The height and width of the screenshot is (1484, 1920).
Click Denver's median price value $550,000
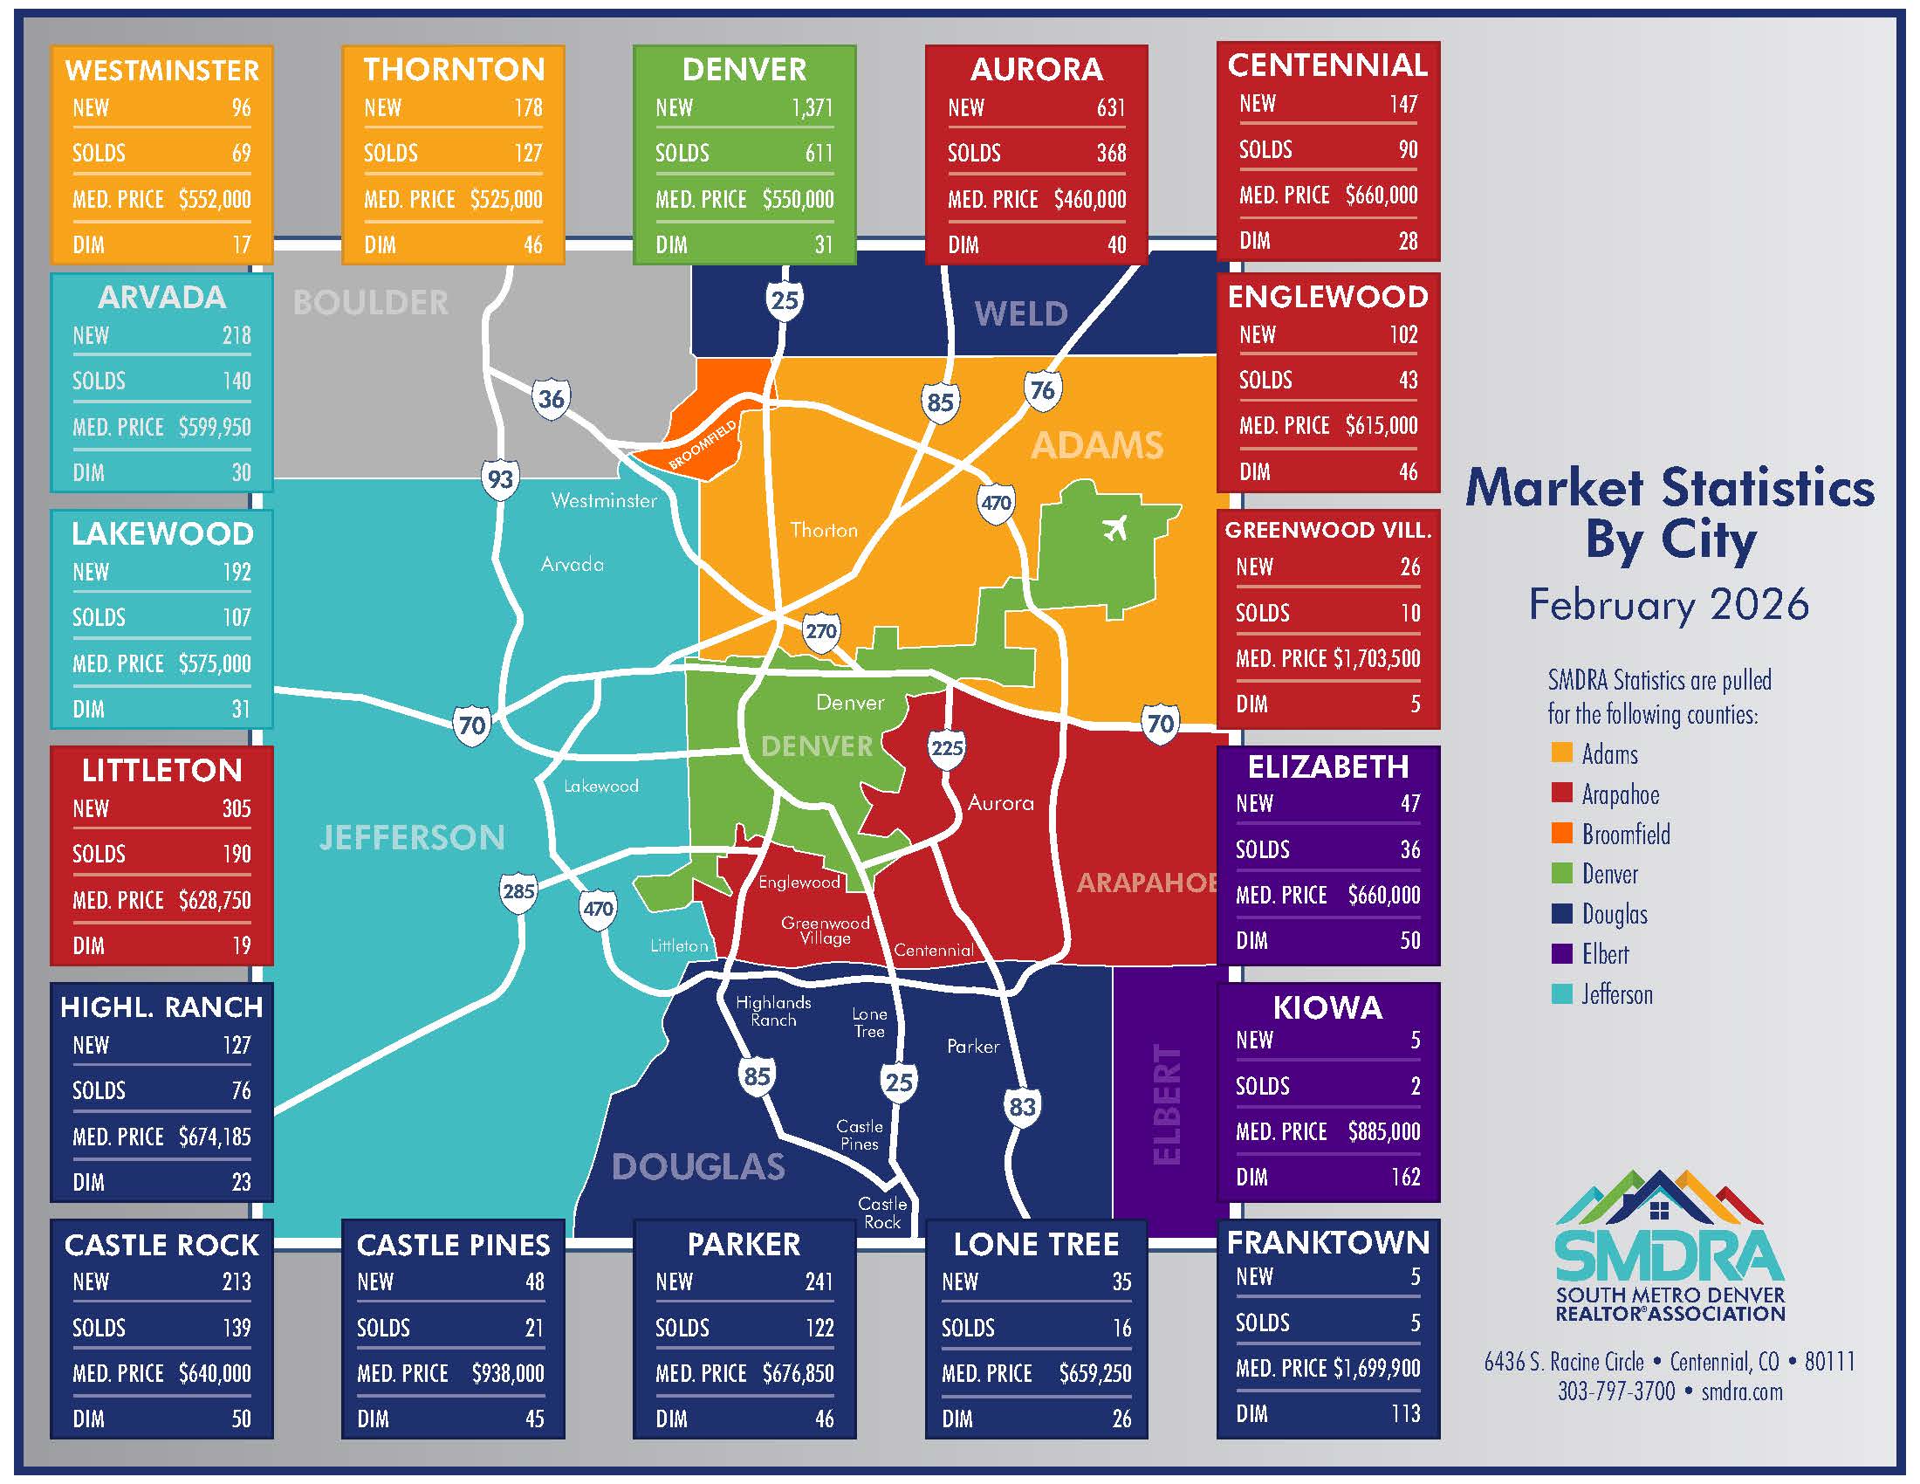[x=798, y=200]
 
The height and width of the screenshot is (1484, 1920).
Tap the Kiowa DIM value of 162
[x=1405, y=1177]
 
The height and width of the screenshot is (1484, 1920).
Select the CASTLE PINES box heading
[x=453, y=1244]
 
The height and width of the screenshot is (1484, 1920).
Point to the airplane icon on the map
[x=1114, y=529]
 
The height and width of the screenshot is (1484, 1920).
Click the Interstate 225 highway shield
[x=947, y=748]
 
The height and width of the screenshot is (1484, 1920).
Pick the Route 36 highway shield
[x=552, y=399]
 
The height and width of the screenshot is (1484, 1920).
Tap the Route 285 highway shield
[x=518, y=891]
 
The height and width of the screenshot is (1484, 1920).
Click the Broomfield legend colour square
[x=1561, y=833]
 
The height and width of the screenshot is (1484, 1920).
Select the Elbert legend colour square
[x=1561, y=953]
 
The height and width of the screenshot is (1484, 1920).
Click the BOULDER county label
[x=370, y=303]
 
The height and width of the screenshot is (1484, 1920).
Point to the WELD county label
[x=1021, y=314]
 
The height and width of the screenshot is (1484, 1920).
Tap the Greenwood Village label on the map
[x=825, y=931]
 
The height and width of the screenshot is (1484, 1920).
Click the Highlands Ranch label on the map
[x=772, y=1011]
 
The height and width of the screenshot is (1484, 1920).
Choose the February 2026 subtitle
[x=1669, y=605]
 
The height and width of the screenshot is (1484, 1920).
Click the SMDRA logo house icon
[x=1659, y=1212]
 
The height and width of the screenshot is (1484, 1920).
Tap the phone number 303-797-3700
[x=1615, y=1391]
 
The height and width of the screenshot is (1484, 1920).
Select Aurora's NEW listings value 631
[x=1110, y=108]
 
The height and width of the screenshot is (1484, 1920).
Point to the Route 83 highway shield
[x=1022, y=1107]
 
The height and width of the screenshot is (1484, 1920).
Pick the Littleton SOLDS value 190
[x=237, y=854]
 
